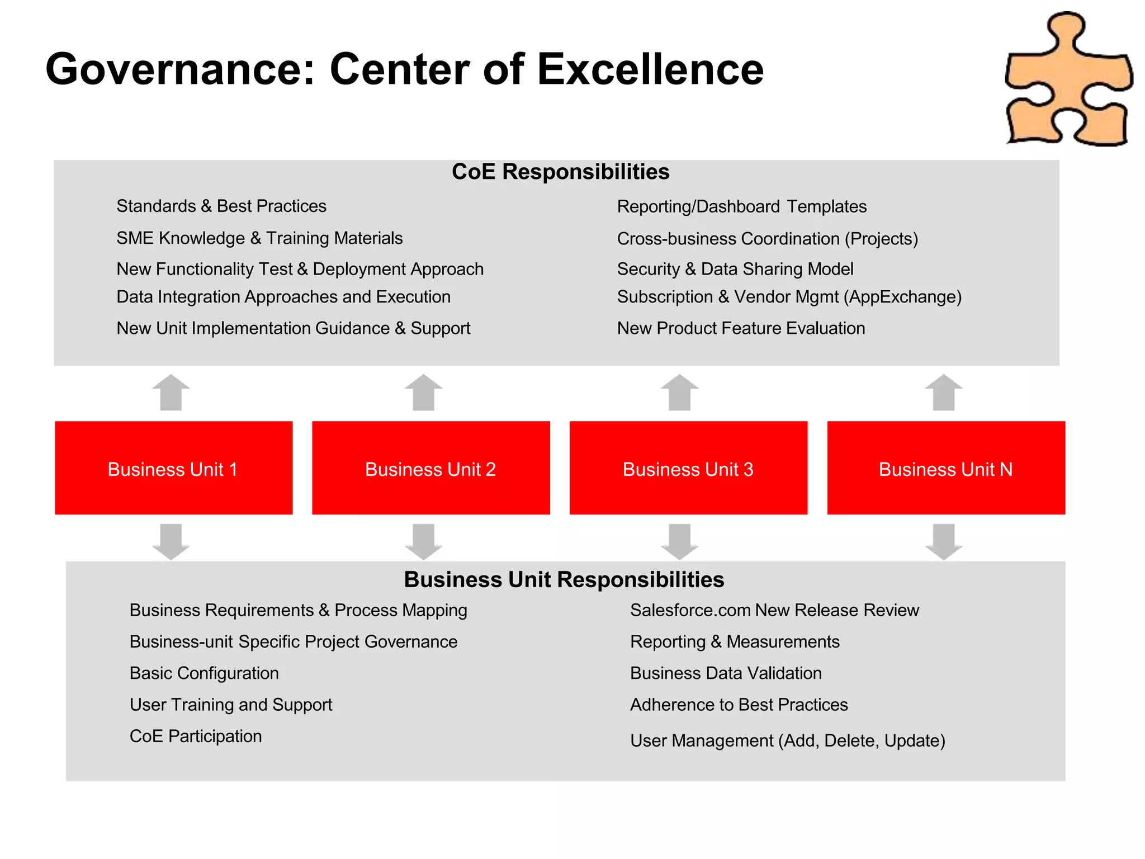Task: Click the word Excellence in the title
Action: pyautogui.click(x=650, y=69)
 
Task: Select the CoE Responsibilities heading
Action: pyautogui.click(x=560, y=172)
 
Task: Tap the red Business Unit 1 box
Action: pyautogui.click(x=173, y=468)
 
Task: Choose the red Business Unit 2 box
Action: pyautogui.click(x=430, y=468)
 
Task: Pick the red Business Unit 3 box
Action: pyautogui.click(x=688, y=468)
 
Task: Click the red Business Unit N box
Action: pyautogui.click(x=946, y=468)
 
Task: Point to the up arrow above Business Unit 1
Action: pyautogui.click(x=171, y=393)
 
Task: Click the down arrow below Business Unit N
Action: pyautogui.click(x=944, y=541)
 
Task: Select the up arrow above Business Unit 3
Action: pyautogui.click(x=679, y=393)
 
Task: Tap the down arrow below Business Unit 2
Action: pyautogui.click(x=424, y=541)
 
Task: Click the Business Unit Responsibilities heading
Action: pyautogui.click(x=564, y=580)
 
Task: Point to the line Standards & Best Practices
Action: pyautogui.click(x=221, y=206)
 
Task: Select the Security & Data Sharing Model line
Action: pyautogui.click(x=735, y=269)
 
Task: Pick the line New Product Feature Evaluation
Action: pyautogui.click(x=741, y=328)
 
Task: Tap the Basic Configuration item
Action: pyautogui.click(x=204, y=673)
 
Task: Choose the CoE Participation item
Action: pyautogui.click(x=196, y=737)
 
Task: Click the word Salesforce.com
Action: pyautogui.click(x=689, y=610)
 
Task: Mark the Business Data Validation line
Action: pyautogui.click(x=726, y=673)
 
